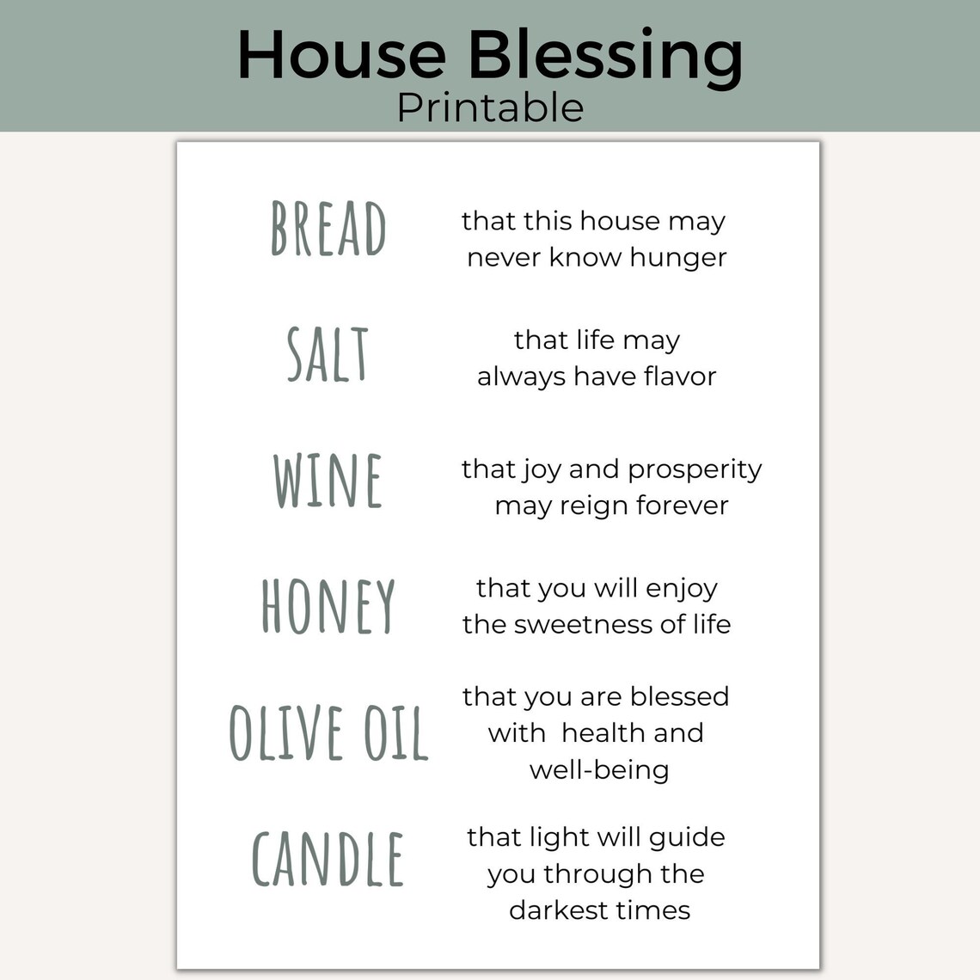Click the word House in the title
341,54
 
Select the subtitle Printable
490,108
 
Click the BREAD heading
328,228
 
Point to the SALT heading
328,354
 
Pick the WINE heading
328,481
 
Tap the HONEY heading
328,607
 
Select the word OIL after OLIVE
395,733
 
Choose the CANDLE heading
328,860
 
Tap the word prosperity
695,470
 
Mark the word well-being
599,770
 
